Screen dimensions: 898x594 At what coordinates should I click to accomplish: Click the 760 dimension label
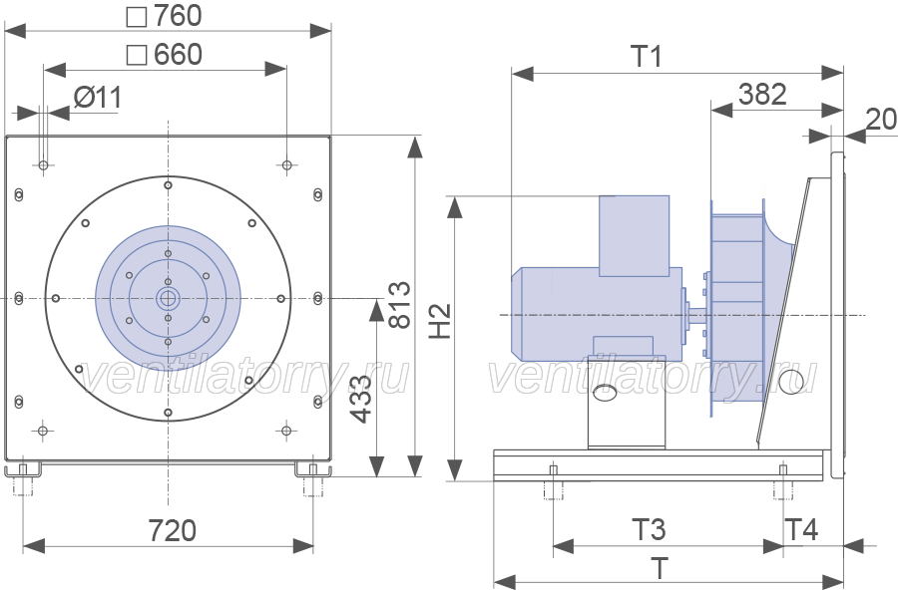[x=179, y=16]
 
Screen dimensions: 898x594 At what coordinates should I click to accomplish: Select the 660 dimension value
[x=179, y=55]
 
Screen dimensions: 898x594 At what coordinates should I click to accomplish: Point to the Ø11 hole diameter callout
[x=98, y=98]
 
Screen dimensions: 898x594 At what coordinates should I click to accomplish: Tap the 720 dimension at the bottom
[x=173, y=530]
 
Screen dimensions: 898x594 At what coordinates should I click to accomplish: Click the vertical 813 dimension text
[x=400, y=304]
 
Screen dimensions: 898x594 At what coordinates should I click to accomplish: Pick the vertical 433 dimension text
[x=361, y=399]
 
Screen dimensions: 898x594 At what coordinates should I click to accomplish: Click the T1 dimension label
[x=647, y=56]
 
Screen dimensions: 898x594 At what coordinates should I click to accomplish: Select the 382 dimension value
[x=762, y=94]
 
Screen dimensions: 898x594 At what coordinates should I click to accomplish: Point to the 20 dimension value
[x=881, y=120]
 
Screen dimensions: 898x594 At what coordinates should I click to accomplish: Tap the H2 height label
[x=440, y=321]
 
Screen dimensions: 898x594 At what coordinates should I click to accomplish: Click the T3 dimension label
[x=649, y=529]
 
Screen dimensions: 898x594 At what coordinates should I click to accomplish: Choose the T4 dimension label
[x=802, y=529]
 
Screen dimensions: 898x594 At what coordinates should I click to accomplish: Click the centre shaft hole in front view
[x=168, y=298]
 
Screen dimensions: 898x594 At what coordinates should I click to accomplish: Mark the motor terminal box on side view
[x=634, y=236]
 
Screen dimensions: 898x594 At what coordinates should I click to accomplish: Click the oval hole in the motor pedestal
[x=605, y=393]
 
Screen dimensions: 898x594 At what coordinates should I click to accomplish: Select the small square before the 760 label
[x=137, y=17]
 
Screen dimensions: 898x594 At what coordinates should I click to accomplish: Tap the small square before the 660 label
[x=137, y=56]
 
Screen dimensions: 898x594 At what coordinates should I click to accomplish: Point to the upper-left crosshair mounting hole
[x=43, y=165]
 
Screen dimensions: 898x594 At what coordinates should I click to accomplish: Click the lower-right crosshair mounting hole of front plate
[x=286, y=431]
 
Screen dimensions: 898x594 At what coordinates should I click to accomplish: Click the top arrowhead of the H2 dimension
[x=455, y=207]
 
